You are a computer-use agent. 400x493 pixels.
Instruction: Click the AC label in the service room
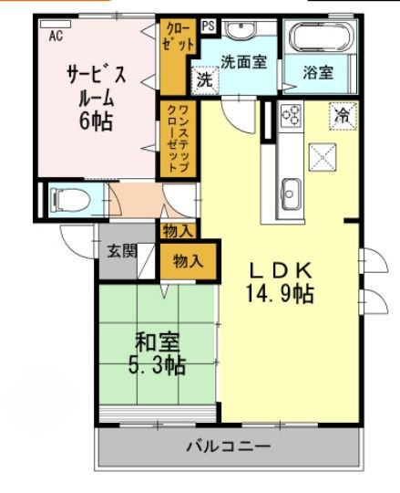[56, 36]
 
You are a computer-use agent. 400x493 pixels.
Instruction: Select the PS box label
[209, 26]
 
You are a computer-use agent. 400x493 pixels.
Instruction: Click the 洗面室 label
[243, 62]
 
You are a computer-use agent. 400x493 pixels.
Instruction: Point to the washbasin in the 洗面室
[241, 30]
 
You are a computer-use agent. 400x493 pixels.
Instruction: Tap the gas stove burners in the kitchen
[291, 114]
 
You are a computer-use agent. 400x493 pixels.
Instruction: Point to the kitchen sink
[292, 193]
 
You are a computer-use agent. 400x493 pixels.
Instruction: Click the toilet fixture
[68, 197]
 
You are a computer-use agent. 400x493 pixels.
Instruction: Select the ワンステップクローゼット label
[175, 139]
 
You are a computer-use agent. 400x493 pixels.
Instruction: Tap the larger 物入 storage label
[188, 261]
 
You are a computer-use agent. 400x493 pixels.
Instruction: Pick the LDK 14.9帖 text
[282, 282]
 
